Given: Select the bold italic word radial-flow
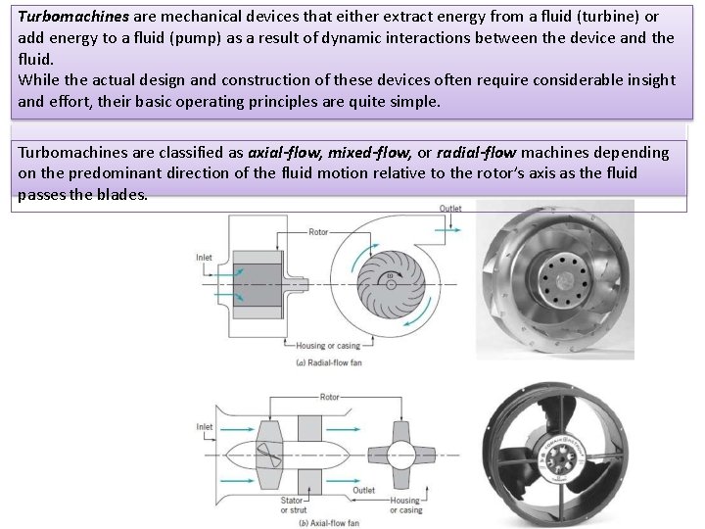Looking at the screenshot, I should (484, 153).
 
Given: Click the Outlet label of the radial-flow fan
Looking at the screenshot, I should (450, 209).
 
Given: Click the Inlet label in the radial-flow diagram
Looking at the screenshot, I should (204, 259).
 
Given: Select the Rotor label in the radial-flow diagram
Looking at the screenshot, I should (319, 232).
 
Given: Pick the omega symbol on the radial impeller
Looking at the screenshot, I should (389, 277).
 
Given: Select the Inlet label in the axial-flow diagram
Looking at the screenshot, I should (204, 426).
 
